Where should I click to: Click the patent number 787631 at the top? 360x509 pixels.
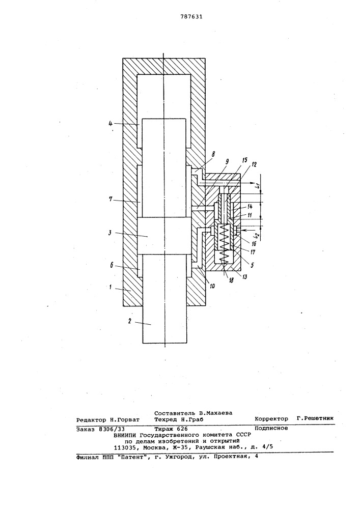pyautogui.click(x=191, y=17)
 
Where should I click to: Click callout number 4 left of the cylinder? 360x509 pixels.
pyautogui.click(x=110, y=124)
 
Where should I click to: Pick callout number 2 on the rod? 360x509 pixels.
pyautogui.click(x=129, y=321)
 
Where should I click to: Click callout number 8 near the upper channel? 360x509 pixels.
pyautogui.click(x=213, y=155)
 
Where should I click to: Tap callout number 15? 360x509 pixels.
pyautogui.click(x=244, y=160)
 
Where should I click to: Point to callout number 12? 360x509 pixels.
pyautogui.click(x=254, y=164)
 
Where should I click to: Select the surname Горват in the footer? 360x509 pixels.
pyautogui.click(x=128, y=420)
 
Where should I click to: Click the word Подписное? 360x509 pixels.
pyautogui.click(x=271, y=428)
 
